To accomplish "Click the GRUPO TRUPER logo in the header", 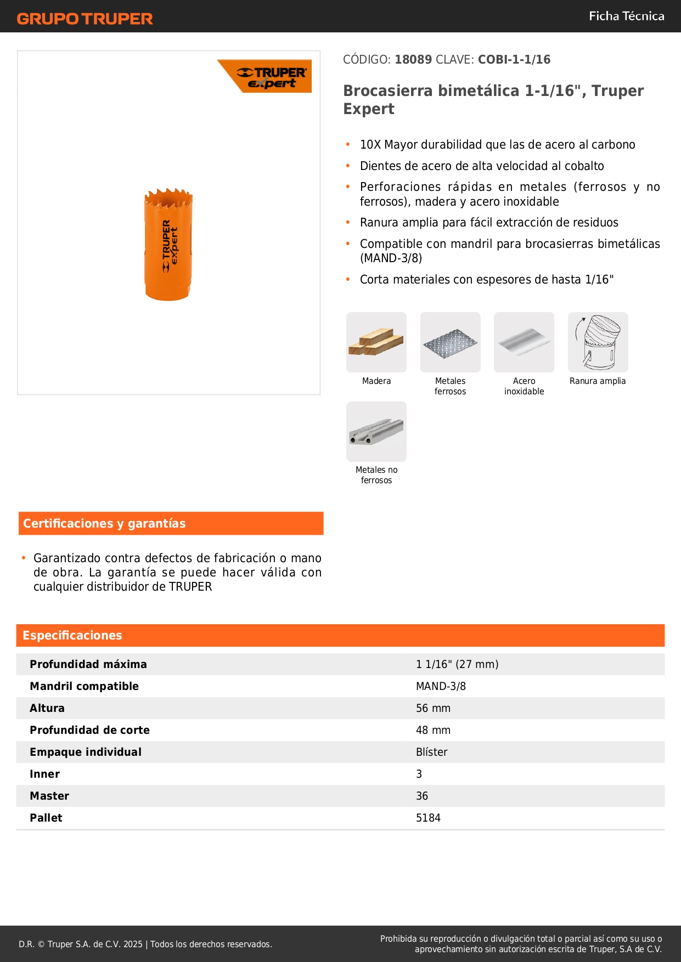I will click(85, 19).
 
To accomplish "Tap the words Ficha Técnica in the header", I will click(626, 16).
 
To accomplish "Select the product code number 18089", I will click(413, 59).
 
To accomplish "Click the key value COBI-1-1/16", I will click(514, 59).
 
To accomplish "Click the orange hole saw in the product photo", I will click(168, 245).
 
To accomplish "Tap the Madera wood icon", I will click(376, 342).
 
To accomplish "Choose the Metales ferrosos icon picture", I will click(450, 342).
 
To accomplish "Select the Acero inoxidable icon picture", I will click(524, 342).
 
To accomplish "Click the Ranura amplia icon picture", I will click(598, 342).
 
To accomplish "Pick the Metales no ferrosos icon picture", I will click(376, 432).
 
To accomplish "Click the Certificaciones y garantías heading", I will click(104, 523).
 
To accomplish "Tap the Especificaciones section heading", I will click(72, 635).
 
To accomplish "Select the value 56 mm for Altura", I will click(433, 708).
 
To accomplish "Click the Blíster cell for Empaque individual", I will click(431, 752).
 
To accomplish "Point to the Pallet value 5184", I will click(428, 818).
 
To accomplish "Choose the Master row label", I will click(49, 796).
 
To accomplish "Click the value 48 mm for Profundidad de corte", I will click(433, 730).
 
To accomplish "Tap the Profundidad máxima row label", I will click(88, 664).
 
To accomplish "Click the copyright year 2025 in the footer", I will click(133, 944).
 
